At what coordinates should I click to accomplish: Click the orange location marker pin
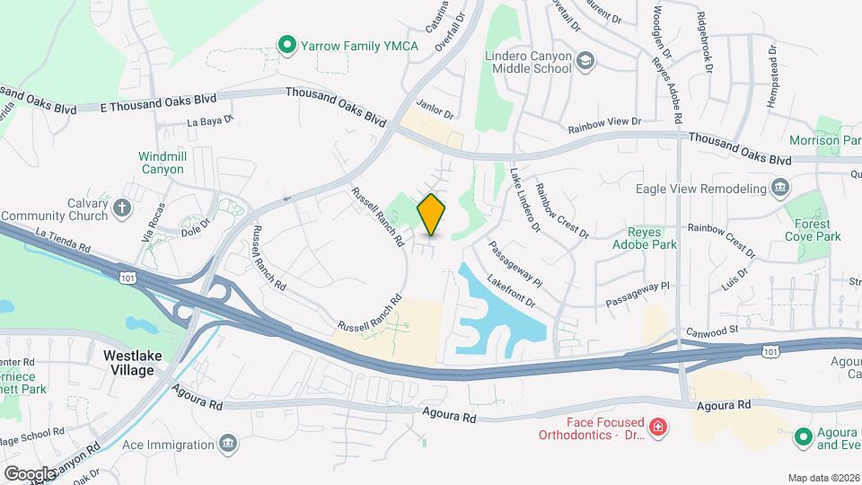pos(432,215)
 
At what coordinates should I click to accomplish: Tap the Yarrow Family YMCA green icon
pos(286,43)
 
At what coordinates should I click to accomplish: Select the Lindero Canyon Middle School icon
pos(585,61)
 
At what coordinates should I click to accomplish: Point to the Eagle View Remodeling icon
pos(780,188)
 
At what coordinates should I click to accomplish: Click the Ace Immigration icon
pos(229,443)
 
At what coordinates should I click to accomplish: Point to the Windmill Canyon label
pos(162,162)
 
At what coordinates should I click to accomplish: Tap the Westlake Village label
pos(132,362)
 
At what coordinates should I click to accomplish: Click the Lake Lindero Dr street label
pos(525,200)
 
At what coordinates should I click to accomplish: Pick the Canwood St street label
pos(710,330)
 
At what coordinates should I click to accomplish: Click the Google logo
pos(29,472)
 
